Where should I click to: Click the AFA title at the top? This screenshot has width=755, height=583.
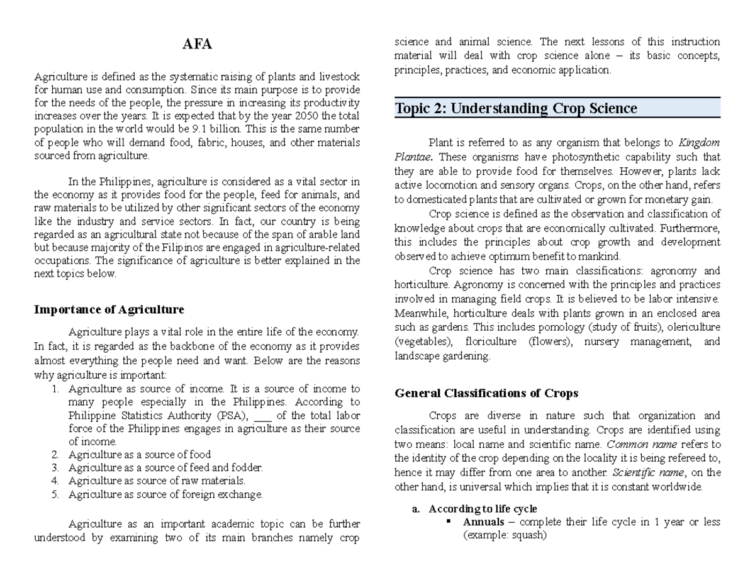[x=197, y=45]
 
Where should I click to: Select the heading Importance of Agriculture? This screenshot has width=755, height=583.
[x=109, y=309]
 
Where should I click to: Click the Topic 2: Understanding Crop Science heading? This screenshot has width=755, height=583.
[x=515, y=108]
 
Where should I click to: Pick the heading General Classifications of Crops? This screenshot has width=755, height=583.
[x=486, y=393]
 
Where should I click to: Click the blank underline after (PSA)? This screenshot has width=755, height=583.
[x=264, y=416]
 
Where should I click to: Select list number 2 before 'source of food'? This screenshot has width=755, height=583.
[x=55, y=454]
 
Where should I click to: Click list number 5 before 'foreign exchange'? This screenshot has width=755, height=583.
[x=55, y=494]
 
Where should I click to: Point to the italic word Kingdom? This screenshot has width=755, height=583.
[x=700, y=142]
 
